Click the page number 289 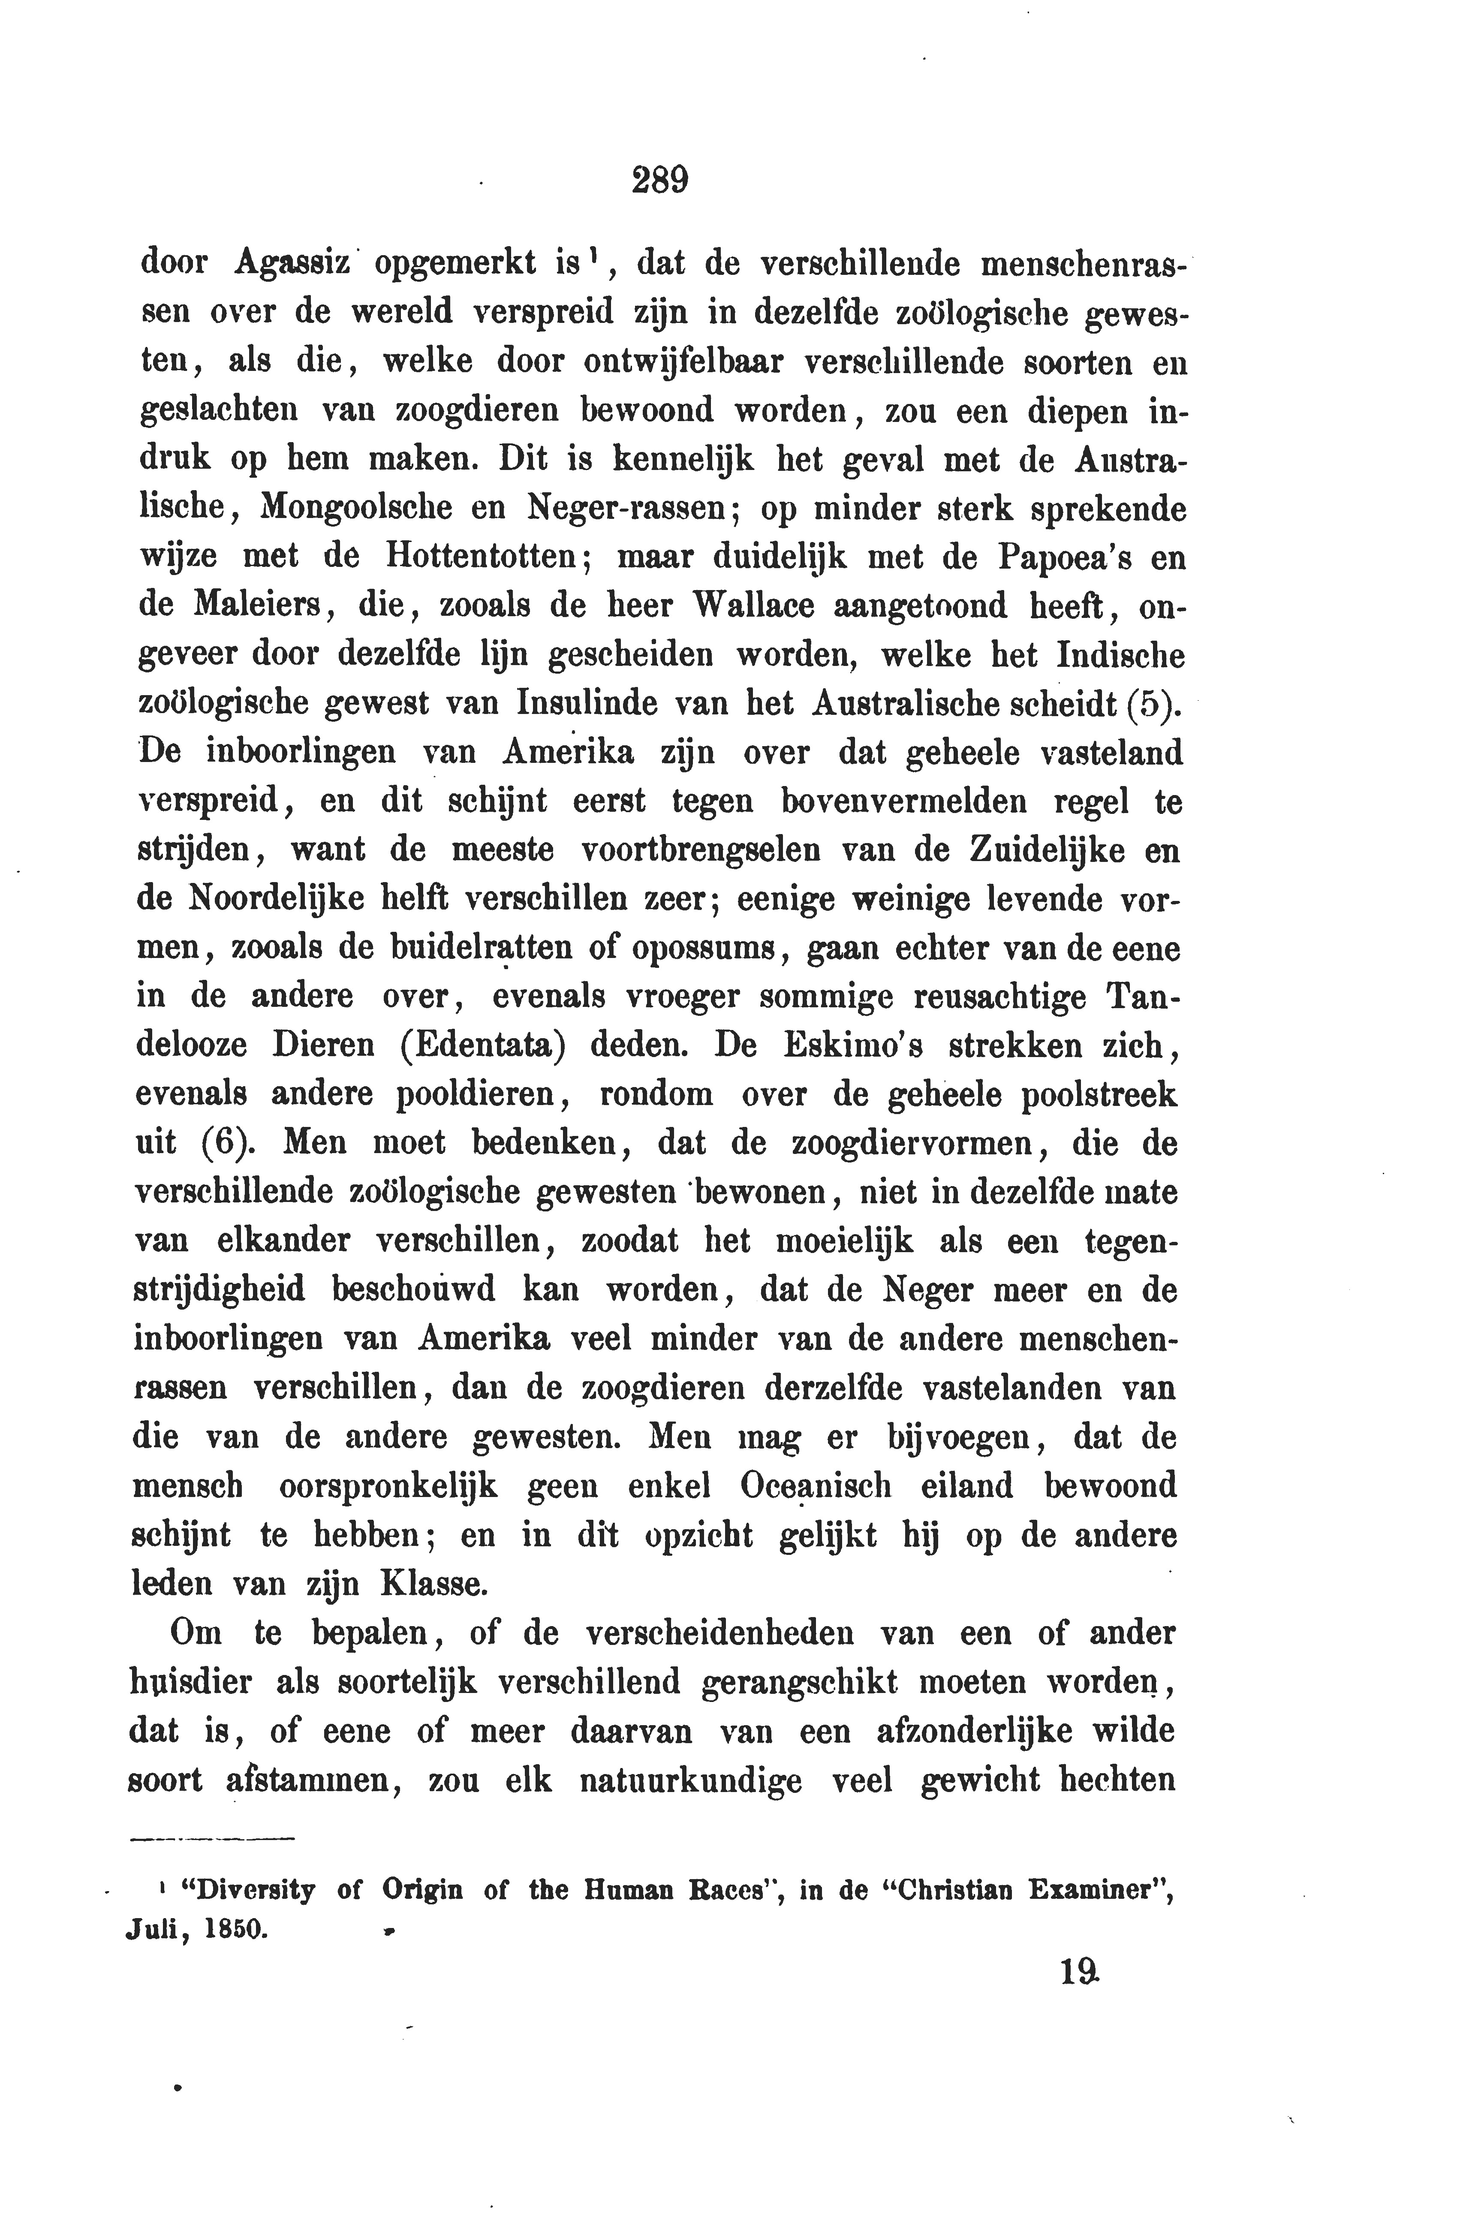point(659,178)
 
